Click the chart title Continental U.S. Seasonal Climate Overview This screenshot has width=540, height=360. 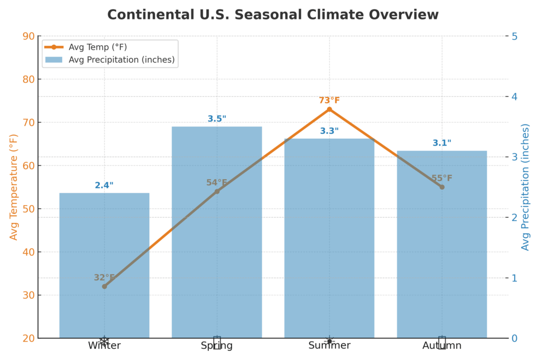coord(273,15)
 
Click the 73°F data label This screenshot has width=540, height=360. coord(329,100)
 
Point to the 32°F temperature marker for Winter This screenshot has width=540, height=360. coord(104,286)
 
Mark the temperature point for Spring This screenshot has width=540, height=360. coord(217,191)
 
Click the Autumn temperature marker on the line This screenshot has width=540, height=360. coord(442,187)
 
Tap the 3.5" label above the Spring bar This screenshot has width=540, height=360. coord(217,119)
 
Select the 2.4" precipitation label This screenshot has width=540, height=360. coord(104,185)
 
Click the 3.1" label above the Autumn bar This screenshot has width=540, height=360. coord(442,143)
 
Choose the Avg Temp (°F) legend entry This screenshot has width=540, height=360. coord(98,47)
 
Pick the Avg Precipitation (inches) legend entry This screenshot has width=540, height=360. coord(121,60)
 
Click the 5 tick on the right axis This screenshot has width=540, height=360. coord(515,36)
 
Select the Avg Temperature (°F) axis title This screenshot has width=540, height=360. coord(14,187)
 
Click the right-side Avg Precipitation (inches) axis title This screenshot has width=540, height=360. coord(525,187)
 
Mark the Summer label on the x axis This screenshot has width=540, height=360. coord(329,346)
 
